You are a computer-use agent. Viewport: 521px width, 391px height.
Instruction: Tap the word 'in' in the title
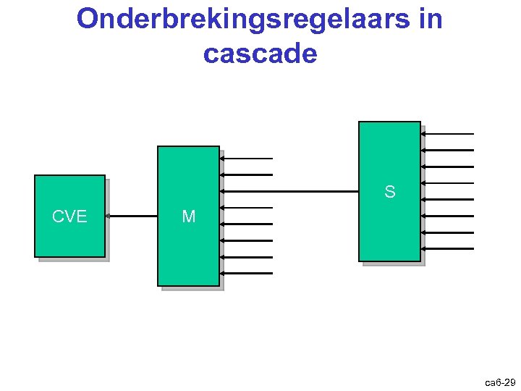pos(430,20)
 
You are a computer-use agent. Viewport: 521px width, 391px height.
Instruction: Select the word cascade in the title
pos(260,54)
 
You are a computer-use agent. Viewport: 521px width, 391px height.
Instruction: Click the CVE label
pos(69,216)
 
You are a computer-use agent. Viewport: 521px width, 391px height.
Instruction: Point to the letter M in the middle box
pos(189,216)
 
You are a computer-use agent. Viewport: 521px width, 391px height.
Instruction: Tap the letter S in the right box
pos(390,192)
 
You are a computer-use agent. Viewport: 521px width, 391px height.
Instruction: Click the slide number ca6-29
pos(500,382)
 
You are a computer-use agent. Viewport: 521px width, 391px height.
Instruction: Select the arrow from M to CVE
pos(132,216)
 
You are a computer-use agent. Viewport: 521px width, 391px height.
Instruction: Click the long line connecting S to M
pos(289,192)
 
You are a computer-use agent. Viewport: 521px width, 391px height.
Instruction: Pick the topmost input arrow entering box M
pos(246,158)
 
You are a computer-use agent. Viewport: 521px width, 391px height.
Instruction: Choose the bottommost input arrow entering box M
pos(246,274)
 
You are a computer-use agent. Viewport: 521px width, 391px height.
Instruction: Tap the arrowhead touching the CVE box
pos(108,216)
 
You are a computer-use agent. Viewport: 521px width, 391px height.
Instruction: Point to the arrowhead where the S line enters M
pos(222,192)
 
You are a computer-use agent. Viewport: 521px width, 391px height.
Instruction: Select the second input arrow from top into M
pos(246,175)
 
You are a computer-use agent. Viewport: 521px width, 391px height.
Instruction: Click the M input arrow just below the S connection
pos(246,208)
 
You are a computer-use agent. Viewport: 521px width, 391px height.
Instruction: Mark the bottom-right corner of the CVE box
pos(104,256)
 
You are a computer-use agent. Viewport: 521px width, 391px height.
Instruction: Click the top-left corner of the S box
pos(360,122)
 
